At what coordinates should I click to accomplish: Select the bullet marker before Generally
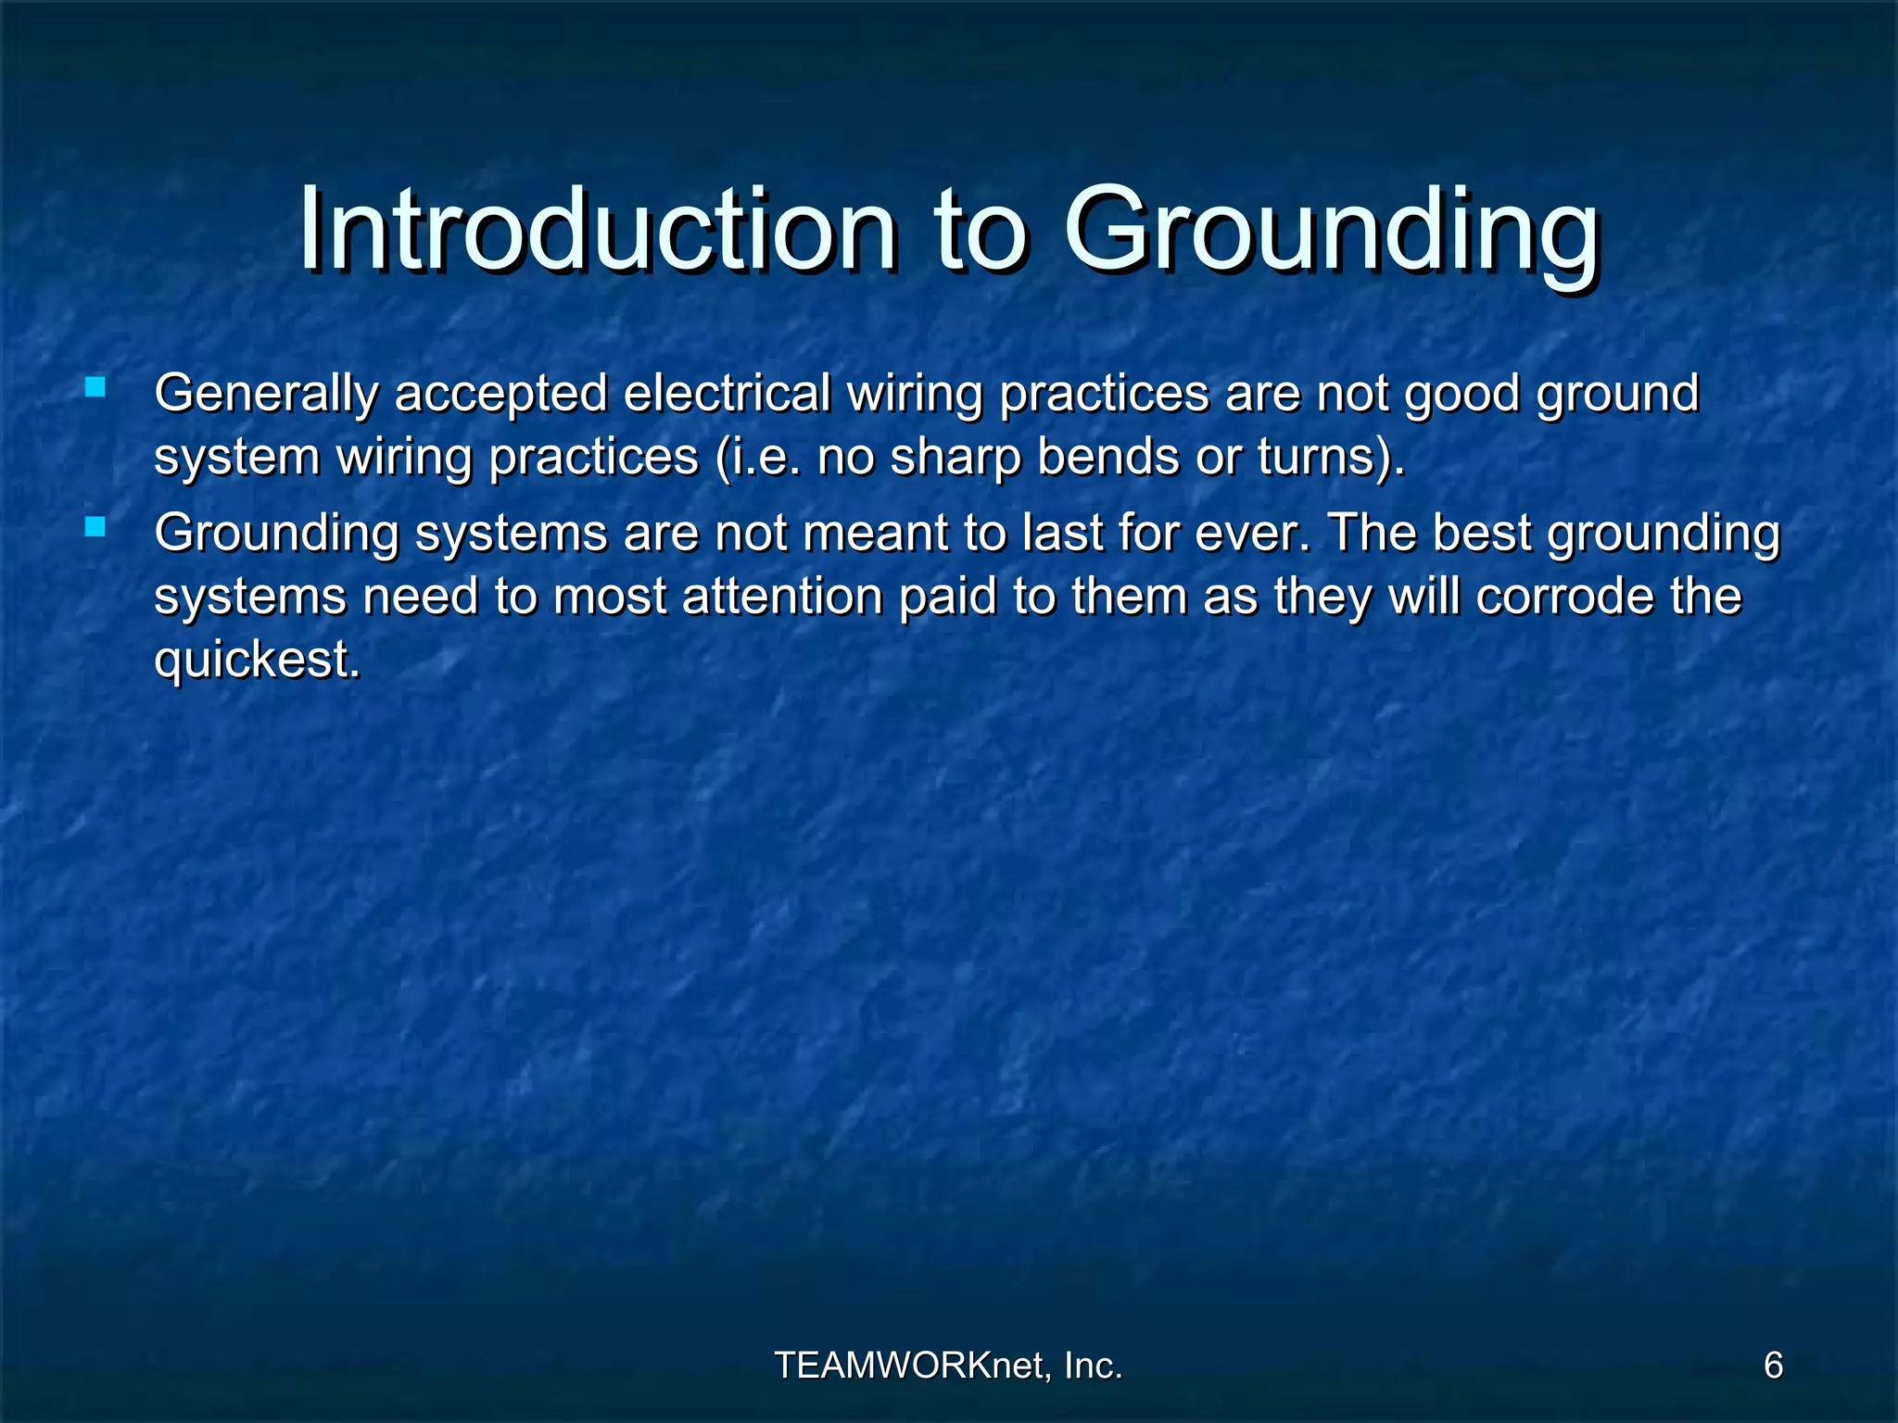95,386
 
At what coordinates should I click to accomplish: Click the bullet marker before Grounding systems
95,527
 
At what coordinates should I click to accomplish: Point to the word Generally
266,394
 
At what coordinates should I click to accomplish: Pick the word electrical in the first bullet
727,392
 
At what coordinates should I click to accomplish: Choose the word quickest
256,661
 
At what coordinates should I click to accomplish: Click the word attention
782,596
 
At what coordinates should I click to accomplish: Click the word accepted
500,394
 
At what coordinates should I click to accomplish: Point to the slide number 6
1773,1366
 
